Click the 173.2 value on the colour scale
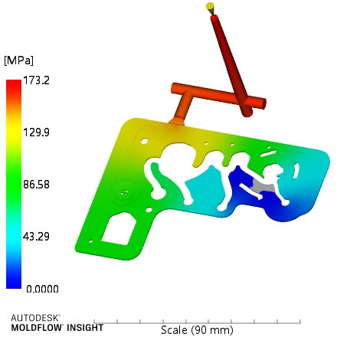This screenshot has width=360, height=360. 36,80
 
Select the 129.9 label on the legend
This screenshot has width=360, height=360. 36,133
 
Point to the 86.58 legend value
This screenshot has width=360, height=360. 36,185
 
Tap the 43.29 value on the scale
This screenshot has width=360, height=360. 36,237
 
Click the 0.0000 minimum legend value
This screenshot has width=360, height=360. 42,289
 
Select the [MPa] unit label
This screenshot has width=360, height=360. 18,61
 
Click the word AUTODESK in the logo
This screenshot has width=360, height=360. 35,318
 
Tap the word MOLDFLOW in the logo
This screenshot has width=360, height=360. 37,328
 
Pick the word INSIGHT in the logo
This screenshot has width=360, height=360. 85,328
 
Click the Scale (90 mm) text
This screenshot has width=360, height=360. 197,330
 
